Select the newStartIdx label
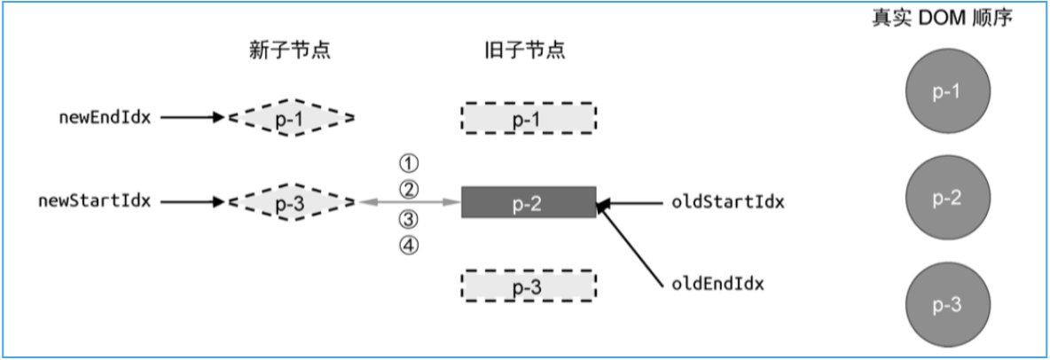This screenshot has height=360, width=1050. (93, 201)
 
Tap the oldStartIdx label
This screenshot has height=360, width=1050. (728, 201)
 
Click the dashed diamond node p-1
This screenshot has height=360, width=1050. (291, 116)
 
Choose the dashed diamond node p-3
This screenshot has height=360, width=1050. (291, 202)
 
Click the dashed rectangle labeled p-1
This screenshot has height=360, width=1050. (528, 117)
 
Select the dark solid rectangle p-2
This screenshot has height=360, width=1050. (528, 202)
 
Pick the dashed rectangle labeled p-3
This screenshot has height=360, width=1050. (528, 286)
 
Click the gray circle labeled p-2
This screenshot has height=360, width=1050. (947, 198)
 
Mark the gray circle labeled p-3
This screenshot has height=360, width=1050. (947, 304)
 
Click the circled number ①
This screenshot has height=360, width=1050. (408, 163)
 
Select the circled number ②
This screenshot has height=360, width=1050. (408, 189)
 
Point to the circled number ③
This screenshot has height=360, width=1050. (408, 219)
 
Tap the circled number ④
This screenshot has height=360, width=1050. (408, 246)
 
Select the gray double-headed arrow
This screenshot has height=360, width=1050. (409, 203)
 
